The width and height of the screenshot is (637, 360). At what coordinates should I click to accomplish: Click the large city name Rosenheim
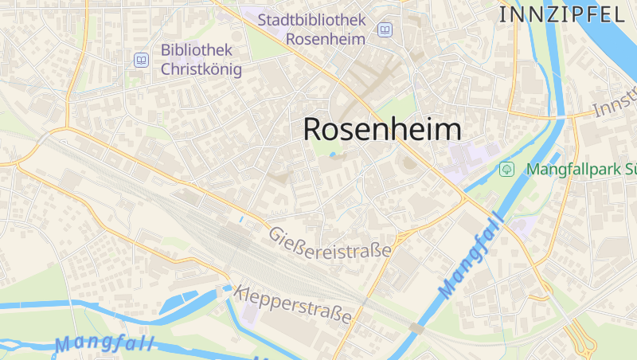coord(382,130)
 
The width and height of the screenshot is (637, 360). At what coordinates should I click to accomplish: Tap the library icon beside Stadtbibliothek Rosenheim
coord(385,29)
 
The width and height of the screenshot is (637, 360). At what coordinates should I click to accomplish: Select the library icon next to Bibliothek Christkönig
coord(141,59)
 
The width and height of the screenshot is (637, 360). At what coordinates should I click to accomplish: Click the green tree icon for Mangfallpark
coord(506,169)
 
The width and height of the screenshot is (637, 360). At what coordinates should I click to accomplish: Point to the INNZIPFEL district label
coord(561,14)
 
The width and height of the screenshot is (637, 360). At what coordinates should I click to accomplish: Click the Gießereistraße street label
coord(330,242)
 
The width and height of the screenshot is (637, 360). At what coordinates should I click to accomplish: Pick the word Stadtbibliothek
coord(311,19)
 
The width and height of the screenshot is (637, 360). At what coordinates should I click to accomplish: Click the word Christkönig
coord(201,69)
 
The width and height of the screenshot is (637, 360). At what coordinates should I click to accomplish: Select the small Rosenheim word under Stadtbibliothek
coord(325,38)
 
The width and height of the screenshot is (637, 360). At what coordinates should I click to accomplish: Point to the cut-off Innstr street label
coord(616,107)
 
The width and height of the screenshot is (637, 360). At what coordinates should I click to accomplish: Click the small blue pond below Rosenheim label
coord(332,155)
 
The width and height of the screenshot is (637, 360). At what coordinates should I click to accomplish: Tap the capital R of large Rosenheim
coord(313,130)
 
